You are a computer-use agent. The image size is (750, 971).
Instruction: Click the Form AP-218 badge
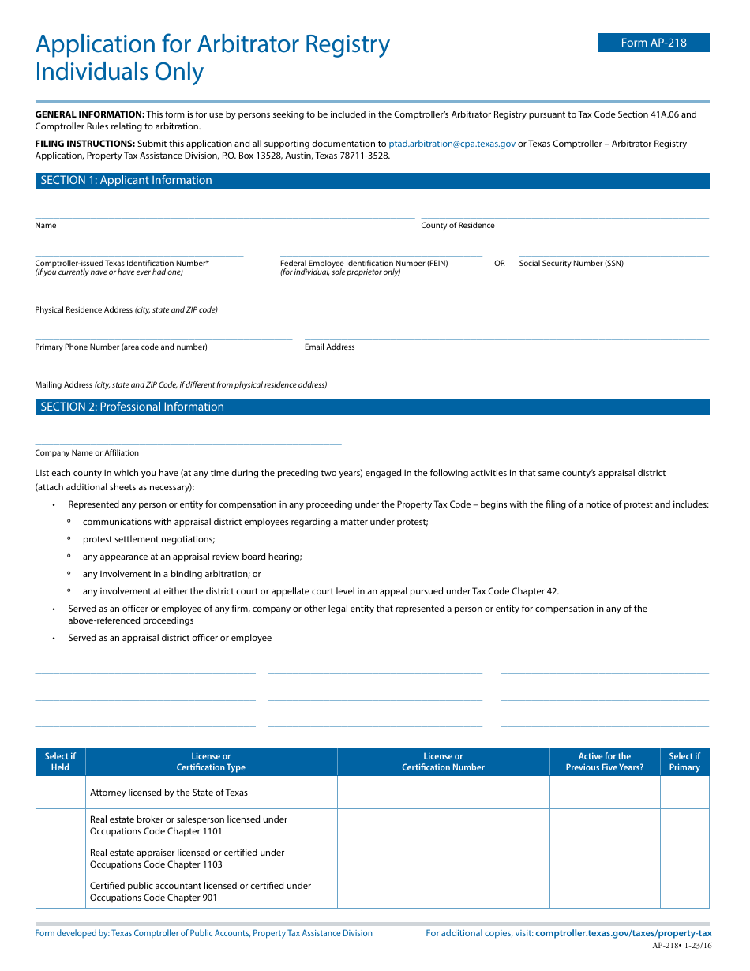coord(654,43)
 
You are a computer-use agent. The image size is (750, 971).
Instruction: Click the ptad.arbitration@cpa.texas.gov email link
coord(452,144)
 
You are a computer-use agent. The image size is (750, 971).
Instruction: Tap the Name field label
coord(46,226)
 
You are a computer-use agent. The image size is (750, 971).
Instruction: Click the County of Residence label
coord(458,226)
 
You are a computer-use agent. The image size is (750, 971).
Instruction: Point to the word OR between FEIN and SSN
coord(500,264)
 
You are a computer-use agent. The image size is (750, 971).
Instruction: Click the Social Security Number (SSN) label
coord(571,264)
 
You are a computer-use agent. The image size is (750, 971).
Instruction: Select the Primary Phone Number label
coord(121,347)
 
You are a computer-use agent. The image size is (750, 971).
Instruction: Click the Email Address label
coord(330,347)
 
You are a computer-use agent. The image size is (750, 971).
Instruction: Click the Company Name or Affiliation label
coord(87,453)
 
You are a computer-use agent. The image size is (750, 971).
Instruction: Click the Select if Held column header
coord(61,762)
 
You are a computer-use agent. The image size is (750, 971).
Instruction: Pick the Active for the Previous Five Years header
coord(605,762)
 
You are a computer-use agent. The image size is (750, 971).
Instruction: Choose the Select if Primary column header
coord(684,762)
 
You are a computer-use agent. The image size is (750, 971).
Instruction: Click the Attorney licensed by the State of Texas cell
coord(169,793)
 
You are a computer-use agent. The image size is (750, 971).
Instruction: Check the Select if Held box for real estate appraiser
coord(61,859)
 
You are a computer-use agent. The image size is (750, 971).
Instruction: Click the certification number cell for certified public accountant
coord(443,892)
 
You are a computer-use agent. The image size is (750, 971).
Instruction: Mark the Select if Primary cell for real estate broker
coord(684,826)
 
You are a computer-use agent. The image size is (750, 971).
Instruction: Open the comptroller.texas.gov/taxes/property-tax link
coord(623,933)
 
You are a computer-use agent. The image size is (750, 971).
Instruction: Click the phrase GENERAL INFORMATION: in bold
coord(90,114)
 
